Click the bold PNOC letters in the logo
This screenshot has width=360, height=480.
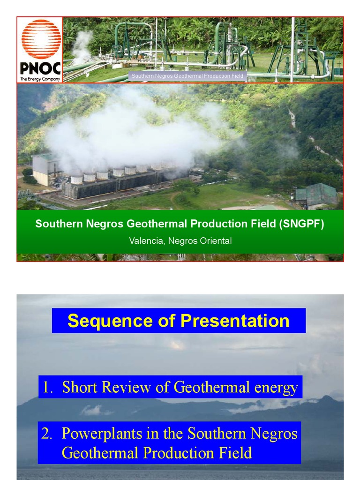pos(40,68)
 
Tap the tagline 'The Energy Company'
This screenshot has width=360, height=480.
pos(40,79)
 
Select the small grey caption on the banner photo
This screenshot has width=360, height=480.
pos(187,76)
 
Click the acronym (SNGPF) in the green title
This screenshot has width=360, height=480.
pos(302,224)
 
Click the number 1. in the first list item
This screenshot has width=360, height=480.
pos(48,387)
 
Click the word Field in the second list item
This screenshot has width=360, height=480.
pos(237,453)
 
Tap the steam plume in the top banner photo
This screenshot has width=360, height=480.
pos(82,45)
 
